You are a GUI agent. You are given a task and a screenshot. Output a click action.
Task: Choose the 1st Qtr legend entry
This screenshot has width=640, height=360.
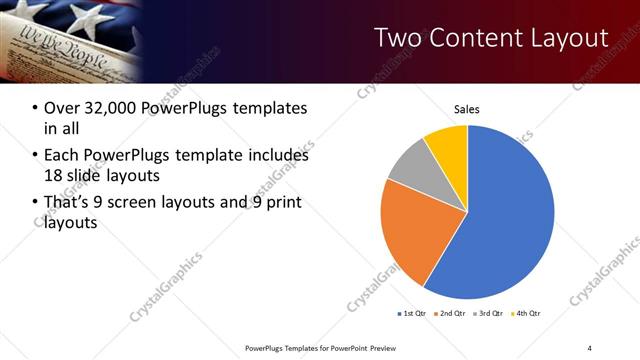(411, 314)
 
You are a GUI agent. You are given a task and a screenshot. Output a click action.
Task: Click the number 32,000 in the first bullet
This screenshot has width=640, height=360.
(108, 108)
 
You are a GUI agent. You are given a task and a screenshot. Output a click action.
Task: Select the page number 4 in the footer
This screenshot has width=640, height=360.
(590, 347)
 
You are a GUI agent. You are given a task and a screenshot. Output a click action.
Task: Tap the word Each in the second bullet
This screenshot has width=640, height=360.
(61, 156)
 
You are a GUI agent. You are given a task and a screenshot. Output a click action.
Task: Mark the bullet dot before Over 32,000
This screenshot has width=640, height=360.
(35, 108)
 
